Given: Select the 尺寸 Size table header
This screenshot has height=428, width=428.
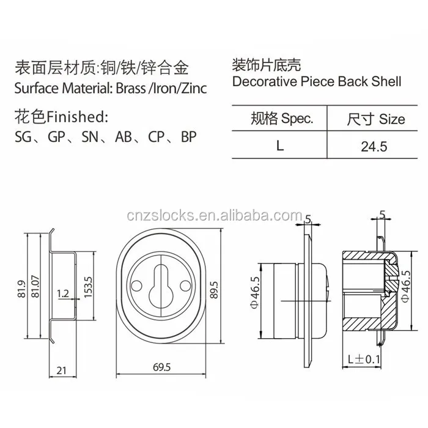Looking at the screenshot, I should coord(375,118).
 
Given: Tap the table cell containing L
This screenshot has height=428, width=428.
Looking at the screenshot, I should coord(280,146).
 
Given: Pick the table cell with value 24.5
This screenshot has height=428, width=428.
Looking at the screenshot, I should coord(375,147).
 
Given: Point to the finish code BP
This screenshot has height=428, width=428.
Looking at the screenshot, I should coord(188,136).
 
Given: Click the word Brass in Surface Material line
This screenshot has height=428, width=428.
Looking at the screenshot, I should coord(130,88).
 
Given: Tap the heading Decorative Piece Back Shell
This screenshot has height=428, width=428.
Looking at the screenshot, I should coord(317,81).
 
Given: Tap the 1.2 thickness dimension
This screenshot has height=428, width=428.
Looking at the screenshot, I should coord(62,293).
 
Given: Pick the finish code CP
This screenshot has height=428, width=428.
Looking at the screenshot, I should coord(156,136).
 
